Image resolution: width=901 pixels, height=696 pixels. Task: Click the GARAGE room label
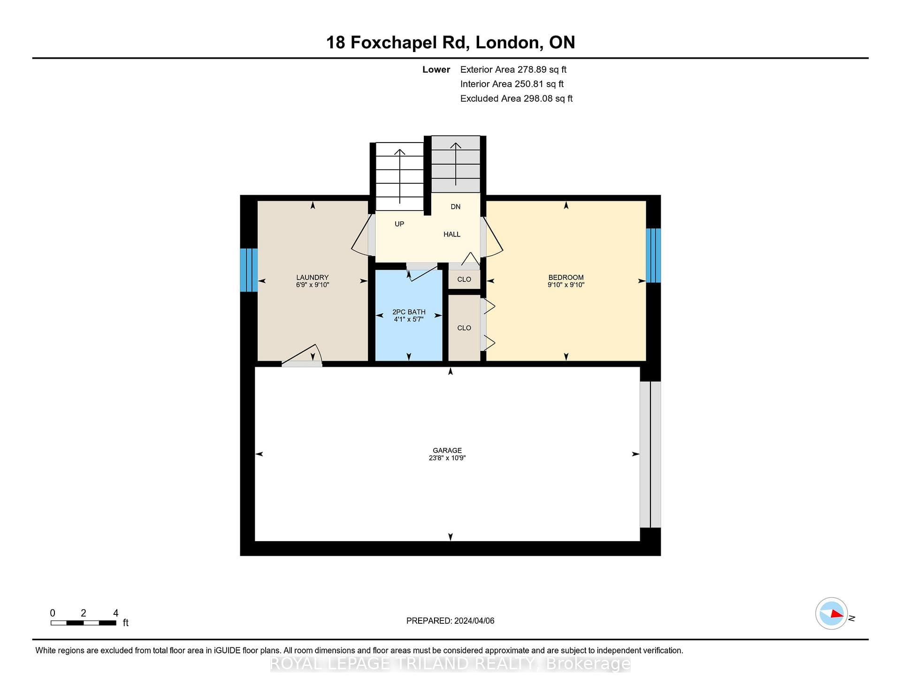pyautogui.click(x=447, y=450)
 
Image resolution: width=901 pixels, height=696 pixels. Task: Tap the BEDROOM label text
pyautogui.click(x=566, y=277)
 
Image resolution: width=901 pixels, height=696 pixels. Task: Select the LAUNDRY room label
pyautogui.click(x=313, y=277)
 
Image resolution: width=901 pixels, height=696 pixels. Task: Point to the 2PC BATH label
pyautogui.click(x=409, y=312)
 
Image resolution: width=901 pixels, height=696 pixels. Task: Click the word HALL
pyautogui.click(x=452, y=234)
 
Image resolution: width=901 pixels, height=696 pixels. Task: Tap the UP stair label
pyautogui.click(x=399, y=224)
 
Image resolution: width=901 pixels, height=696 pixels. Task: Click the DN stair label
pyautogui.click(x=456, y=206)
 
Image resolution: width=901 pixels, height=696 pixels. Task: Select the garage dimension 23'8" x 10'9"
pyautogui.click(x=447, y=458)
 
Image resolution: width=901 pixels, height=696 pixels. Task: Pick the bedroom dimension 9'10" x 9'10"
pyautogui.click(x=566, y=285)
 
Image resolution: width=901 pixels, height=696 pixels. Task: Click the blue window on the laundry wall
pyautogui.click(x=249, y=270)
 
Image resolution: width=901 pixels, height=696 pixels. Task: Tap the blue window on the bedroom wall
pyautogui.click(x=653, y=255)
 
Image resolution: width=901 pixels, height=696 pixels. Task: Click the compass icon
pyautogui.click(x=832, y=613)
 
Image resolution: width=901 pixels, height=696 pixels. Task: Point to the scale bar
pyautogui.click(x=84, y=623)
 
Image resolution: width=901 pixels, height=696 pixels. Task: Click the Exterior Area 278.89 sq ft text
pyautogui.click(x=513, y=69)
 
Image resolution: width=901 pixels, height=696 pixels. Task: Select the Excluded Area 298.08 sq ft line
pyautogui.click(x=516, y=98)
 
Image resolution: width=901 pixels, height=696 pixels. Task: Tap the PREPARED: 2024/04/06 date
pyautogui.click(x=450, y=620)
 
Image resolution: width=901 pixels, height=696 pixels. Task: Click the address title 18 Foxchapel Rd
pyautogui.click(x=397, y=42)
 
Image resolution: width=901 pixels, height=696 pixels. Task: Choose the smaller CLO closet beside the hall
pyautogui.click(x=464, y=280)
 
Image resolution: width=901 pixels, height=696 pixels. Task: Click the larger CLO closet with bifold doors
pyautogui.click(x=464, y=328)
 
